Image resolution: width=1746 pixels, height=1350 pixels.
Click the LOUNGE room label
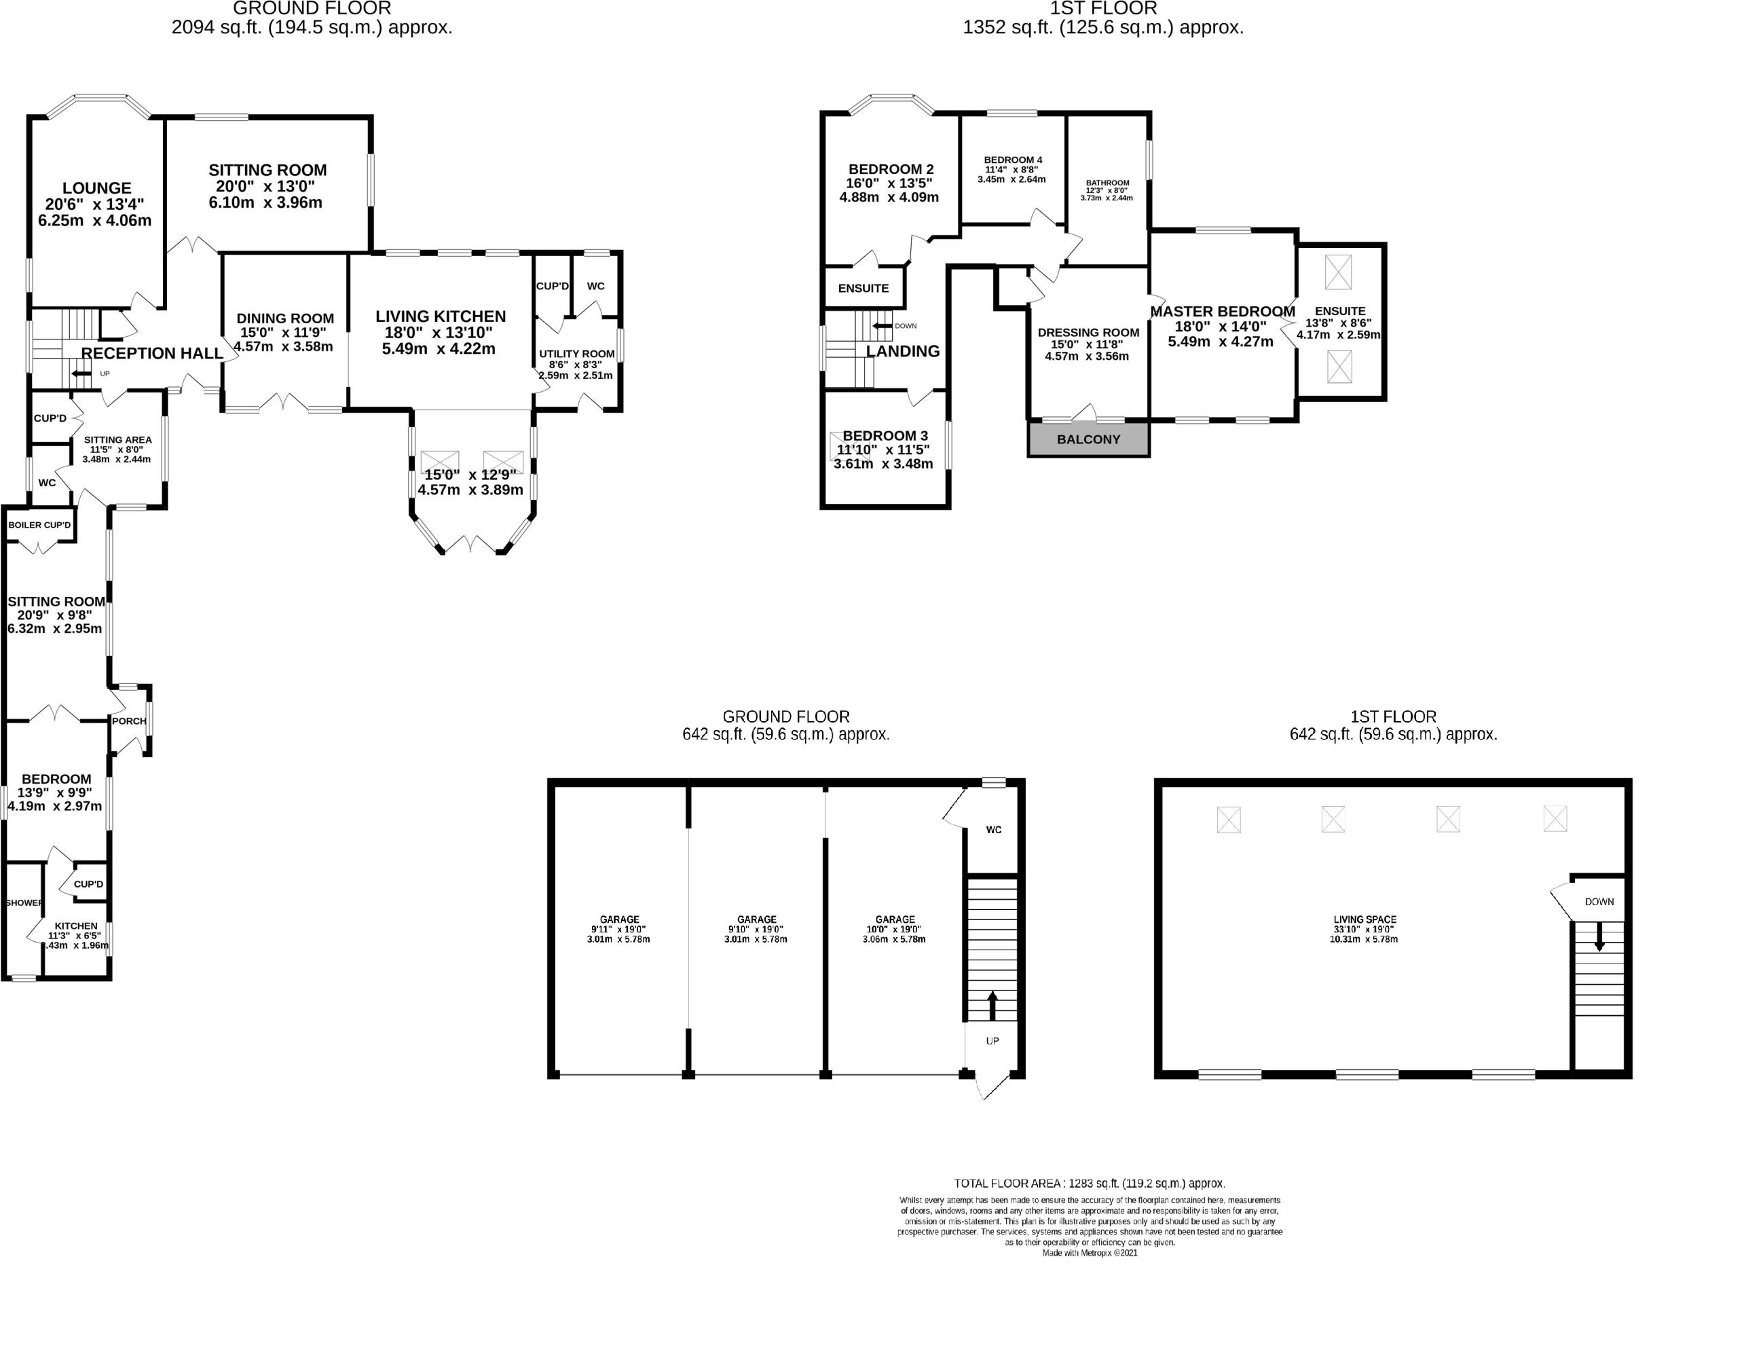pyautogui.click(x=96, y=189)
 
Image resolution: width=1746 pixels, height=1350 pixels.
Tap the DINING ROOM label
pyautogui.click(x=284, y=318)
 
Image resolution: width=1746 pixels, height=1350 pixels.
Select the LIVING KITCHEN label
pyautogui.click(x=441, y=316)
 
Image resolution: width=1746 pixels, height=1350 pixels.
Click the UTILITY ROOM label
pyautogui.click(x=576, y=354)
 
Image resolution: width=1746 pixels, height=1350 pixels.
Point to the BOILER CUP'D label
pyautogui.click(x=39, y=526)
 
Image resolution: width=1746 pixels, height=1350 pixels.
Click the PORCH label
pyautogui.click(x=129, y=720)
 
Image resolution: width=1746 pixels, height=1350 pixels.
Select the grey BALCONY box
pyautogui.click(x=1088, y=440)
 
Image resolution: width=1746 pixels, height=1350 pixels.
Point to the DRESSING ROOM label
pyautogui.click(x=1088, y=333)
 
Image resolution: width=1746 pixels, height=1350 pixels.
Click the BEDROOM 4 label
pyautogui.click(x=1013, y=160)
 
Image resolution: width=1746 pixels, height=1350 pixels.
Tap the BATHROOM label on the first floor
pyautogui.click(x=1107, y=183)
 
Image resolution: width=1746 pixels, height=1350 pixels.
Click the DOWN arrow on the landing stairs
pyautogui.click(x=883, y=325)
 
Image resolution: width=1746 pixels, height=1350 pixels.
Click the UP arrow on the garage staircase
pyautogui.click(x=992, y=1005)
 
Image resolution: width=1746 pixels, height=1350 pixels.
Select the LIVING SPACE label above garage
pyautogui.click(x=1364, y=919)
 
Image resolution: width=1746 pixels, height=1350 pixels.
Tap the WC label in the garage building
pyautogui.click(x=994, y=829)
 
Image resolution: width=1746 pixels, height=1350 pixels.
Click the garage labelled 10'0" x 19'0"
pyautogui.click(x=895, y=919)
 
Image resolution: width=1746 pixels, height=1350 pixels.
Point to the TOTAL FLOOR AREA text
pyautogui.click(x=1089, y=1183)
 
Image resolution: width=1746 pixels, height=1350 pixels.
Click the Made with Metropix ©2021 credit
pyautogui.click(x=1090, y=1253)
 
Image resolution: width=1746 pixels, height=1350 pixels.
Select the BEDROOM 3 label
pyautogui.click(x=885, y=436)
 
